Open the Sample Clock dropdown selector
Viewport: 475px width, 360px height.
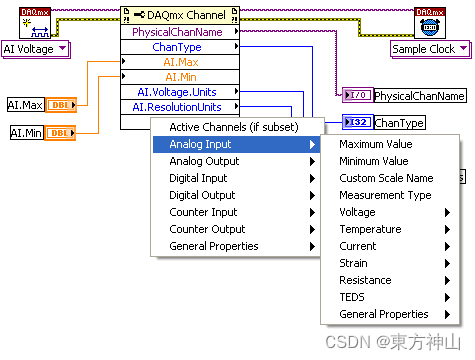429,48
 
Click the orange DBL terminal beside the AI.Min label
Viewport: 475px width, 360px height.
59,132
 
